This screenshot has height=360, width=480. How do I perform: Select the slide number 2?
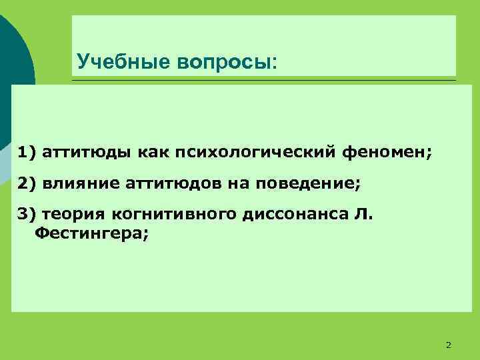[x=448, y=344]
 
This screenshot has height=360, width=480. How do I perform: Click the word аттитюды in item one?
[x=86, y=152]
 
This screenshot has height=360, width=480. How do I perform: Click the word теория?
[x=68, y=213]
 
